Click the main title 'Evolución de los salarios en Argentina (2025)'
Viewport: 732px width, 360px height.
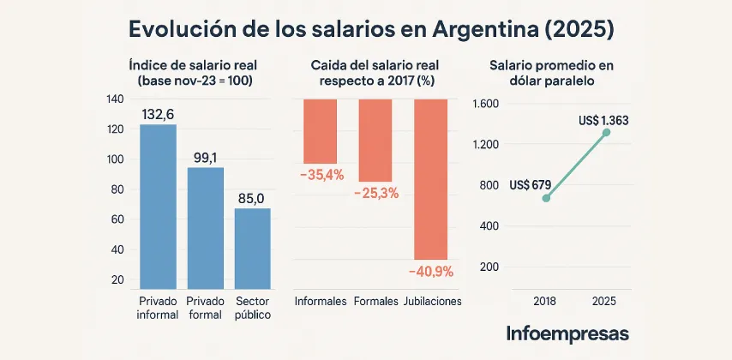(371, 28)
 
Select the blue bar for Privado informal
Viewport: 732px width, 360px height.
(158, 206)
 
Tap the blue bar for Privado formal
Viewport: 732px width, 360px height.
(206, 227)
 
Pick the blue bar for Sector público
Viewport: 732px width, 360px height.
(252, 248)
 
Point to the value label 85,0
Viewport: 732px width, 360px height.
(252, 198)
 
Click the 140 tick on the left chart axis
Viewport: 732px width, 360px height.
(116, 99)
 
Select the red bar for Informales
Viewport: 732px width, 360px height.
(321, 131)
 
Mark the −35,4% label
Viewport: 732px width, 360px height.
(321, 175)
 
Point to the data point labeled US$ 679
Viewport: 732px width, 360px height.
(546, 198)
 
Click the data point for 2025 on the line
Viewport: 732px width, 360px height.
(606, 132)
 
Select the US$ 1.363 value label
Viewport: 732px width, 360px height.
(603, 121)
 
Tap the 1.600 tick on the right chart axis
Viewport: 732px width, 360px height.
(485, 104)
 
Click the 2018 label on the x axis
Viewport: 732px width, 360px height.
(545, 302)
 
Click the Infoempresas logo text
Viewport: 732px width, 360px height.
(567, 333)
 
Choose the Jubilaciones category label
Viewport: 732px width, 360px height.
(432, 302)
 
